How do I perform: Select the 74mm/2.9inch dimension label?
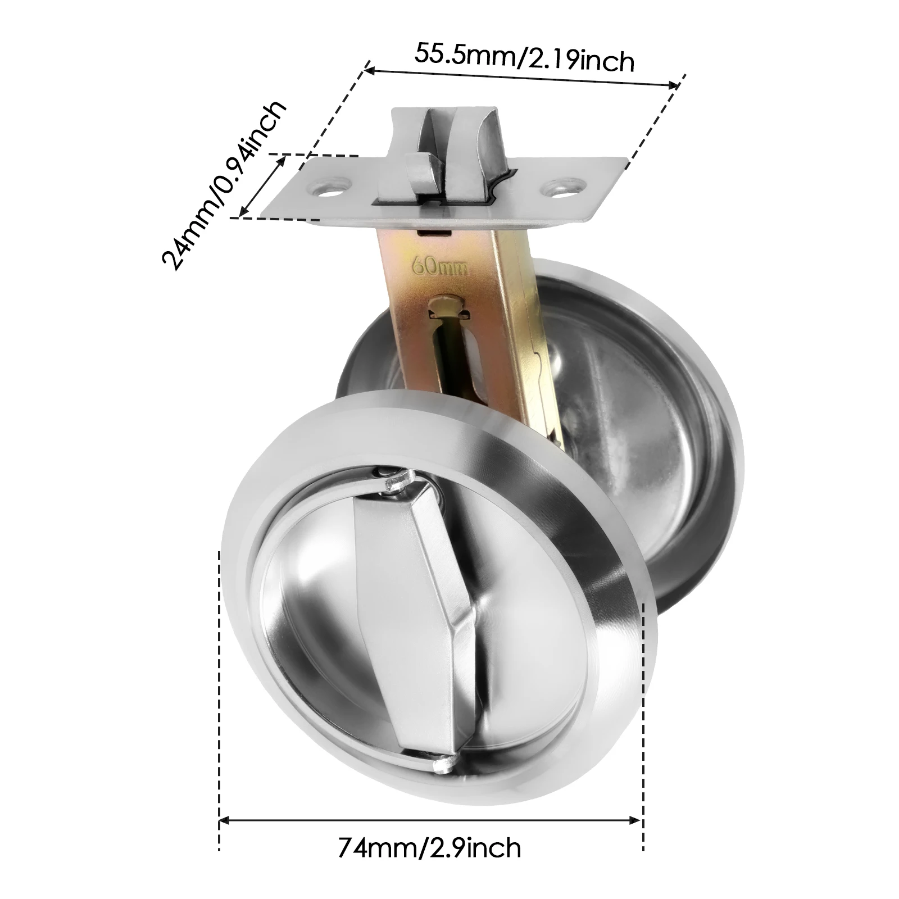pyautogui.click(x=429, y=848)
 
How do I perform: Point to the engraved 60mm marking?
pyautogui.click(x=440, y=266)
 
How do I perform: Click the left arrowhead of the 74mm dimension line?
pyautogui.click(x=223, y=821)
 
